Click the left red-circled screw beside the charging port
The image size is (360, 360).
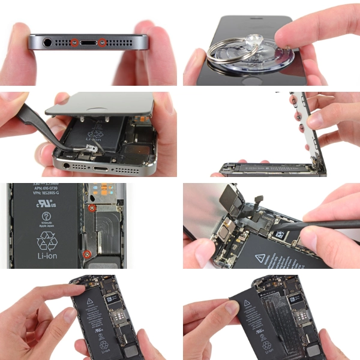[74, 43]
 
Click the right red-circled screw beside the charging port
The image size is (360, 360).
[102, 43]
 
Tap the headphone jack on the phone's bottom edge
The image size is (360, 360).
[47, 42]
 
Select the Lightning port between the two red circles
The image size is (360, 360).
[88, 43]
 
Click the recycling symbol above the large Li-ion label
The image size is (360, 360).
[47, 241]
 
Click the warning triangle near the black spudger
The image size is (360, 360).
[260, 259]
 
